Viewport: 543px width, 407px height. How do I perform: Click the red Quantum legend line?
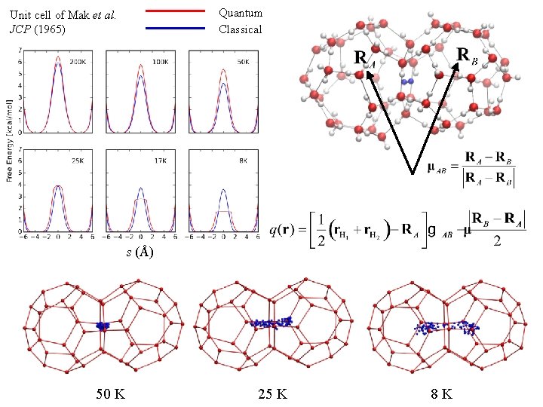pos(174,11)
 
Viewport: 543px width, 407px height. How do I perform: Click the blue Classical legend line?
pos(174,28)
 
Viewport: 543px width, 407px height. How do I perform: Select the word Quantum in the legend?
pos(241,13)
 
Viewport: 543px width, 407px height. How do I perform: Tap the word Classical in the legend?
pos(241,29)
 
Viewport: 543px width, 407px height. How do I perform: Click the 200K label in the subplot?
pos(78,61)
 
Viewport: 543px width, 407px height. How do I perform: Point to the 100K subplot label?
pos(159,61)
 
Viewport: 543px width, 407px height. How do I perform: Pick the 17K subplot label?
pos(161,159)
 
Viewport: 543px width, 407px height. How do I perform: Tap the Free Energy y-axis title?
pos(8,140)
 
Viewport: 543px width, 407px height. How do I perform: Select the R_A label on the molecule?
pos(364,59)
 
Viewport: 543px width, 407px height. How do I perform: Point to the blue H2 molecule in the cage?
pos(407,81)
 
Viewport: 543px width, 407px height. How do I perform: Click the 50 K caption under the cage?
pos(111,393)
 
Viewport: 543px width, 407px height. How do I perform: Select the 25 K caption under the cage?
pos(272,393)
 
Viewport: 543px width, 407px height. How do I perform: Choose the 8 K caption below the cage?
pos(440,393)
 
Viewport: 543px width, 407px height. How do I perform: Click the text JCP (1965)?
pos(38,29)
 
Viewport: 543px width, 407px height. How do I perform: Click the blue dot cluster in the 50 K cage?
pos(102,326)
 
